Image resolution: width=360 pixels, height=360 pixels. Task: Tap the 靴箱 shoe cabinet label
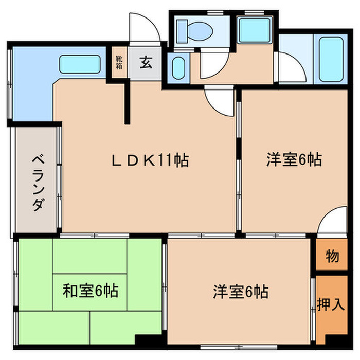tap(119, 63)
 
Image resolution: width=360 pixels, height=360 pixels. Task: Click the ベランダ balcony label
tap(37, 182)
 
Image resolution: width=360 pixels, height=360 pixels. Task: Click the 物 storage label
tap(332, 256)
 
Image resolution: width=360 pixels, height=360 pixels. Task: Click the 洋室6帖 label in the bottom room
tap(240, 293)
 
